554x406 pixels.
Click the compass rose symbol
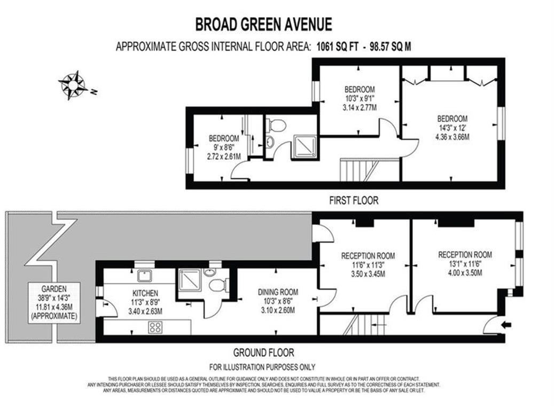coord(73,85)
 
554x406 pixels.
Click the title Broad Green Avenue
coord(263,25)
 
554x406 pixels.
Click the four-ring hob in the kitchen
coord(155,327)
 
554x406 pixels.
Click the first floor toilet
coord(277,126)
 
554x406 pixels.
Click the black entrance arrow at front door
coord(506,324)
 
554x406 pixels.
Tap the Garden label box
coord(53,302)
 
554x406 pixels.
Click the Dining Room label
coord(278,301)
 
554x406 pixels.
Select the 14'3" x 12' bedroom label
coord(452,128)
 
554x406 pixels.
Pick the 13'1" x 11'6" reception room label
coord(465,263)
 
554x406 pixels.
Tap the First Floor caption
coord(353,201)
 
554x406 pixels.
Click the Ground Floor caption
coord(263,353)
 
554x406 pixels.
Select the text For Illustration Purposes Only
coord(262,367)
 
